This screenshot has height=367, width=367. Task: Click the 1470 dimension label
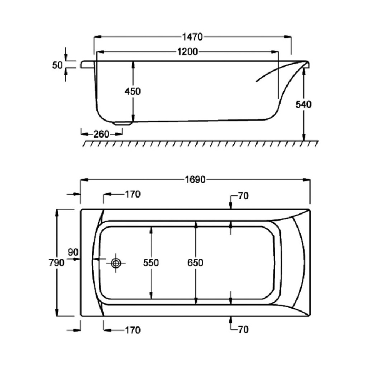click(193, 37)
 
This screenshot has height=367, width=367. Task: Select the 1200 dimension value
click(187, 52)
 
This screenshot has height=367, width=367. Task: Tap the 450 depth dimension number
click(133, 91)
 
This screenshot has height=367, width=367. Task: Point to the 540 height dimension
click(304, 104)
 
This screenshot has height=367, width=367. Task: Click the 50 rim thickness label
click(57, 65)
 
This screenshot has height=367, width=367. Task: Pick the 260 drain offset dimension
click(101, 134)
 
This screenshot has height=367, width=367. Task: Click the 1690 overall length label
click(195, 180)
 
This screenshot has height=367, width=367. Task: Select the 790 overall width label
click(57, 263)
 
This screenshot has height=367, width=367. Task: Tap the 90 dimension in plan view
click(73, 252)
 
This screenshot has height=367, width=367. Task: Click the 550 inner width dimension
click(151, 263)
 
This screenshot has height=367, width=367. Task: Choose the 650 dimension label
click(195, 263)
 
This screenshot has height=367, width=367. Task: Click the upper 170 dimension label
click(133, 195)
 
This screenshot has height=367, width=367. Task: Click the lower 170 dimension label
click(133, 330)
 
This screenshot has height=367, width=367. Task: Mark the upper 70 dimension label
click(243, 196)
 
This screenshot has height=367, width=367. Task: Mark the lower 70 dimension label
click(243, 330)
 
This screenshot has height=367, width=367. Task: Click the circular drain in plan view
click(116, 263)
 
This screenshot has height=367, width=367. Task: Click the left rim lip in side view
click(87, 64)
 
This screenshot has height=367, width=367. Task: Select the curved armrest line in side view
click(276, 72)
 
